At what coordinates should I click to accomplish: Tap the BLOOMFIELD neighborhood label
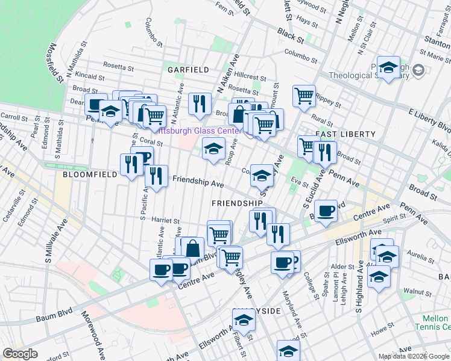(86, 174)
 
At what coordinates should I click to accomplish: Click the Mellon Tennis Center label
(433, 322)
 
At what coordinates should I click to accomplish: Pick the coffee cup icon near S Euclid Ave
(326, 211)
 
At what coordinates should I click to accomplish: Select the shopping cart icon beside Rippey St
(304, 95)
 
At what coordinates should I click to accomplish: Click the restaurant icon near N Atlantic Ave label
(198, 102)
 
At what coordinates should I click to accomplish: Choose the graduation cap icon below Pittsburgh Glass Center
(213, 149)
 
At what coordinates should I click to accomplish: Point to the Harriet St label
(166, 220)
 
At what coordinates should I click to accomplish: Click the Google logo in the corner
(20, 354)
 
